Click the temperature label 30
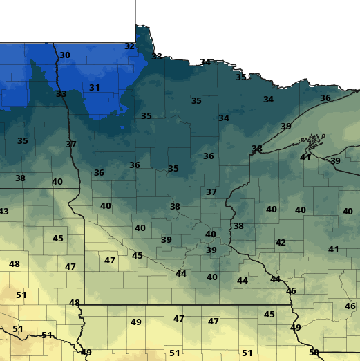click(x=65, y=55)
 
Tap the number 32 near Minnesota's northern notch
click(x=129, y=46)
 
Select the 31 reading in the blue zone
click(x=95, y=88)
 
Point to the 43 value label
click(x=3, y=211)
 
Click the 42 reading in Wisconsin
click(x=281, y=243)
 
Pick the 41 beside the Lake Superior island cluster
click(x=305, y=158)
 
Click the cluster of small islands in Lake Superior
click(x=313, y=145)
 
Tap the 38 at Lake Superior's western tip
click(x=257, y=149)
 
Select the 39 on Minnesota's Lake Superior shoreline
click(x=285, y=127)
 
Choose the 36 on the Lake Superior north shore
click(x=325, y=98)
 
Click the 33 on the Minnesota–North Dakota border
click(x=61, y=94)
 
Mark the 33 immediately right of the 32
click(x=157, y=57)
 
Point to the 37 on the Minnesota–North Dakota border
click(x=71, y=145)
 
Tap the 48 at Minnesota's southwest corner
click(x=75, y=303)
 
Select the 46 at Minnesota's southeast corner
click(x=291, y=291)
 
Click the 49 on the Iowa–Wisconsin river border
click(x=296, y=327)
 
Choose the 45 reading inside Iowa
click(x=269, y=315)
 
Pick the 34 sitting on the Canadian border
click(x=205, y=62)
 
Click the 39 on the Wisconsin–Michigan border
click(x=335, y=161)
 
